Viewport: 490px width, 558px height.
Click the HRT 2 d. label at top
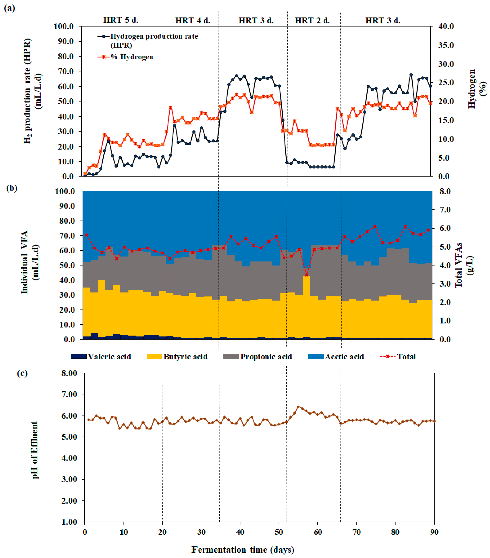pyautogui.click(x=312, y=21)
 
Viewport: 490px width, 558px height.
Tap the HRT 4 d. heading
pyautogui.click(x=192, y=21)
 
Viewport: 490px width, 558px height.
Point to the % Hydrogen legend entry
pyautogui.click(x=125, y=57)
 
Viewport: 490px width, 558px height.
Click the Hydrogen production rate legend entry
pyautogui.click(x=148, y=40)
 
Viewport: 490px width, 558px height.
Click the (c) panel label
pyautogui.click(x=22, y=373)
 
